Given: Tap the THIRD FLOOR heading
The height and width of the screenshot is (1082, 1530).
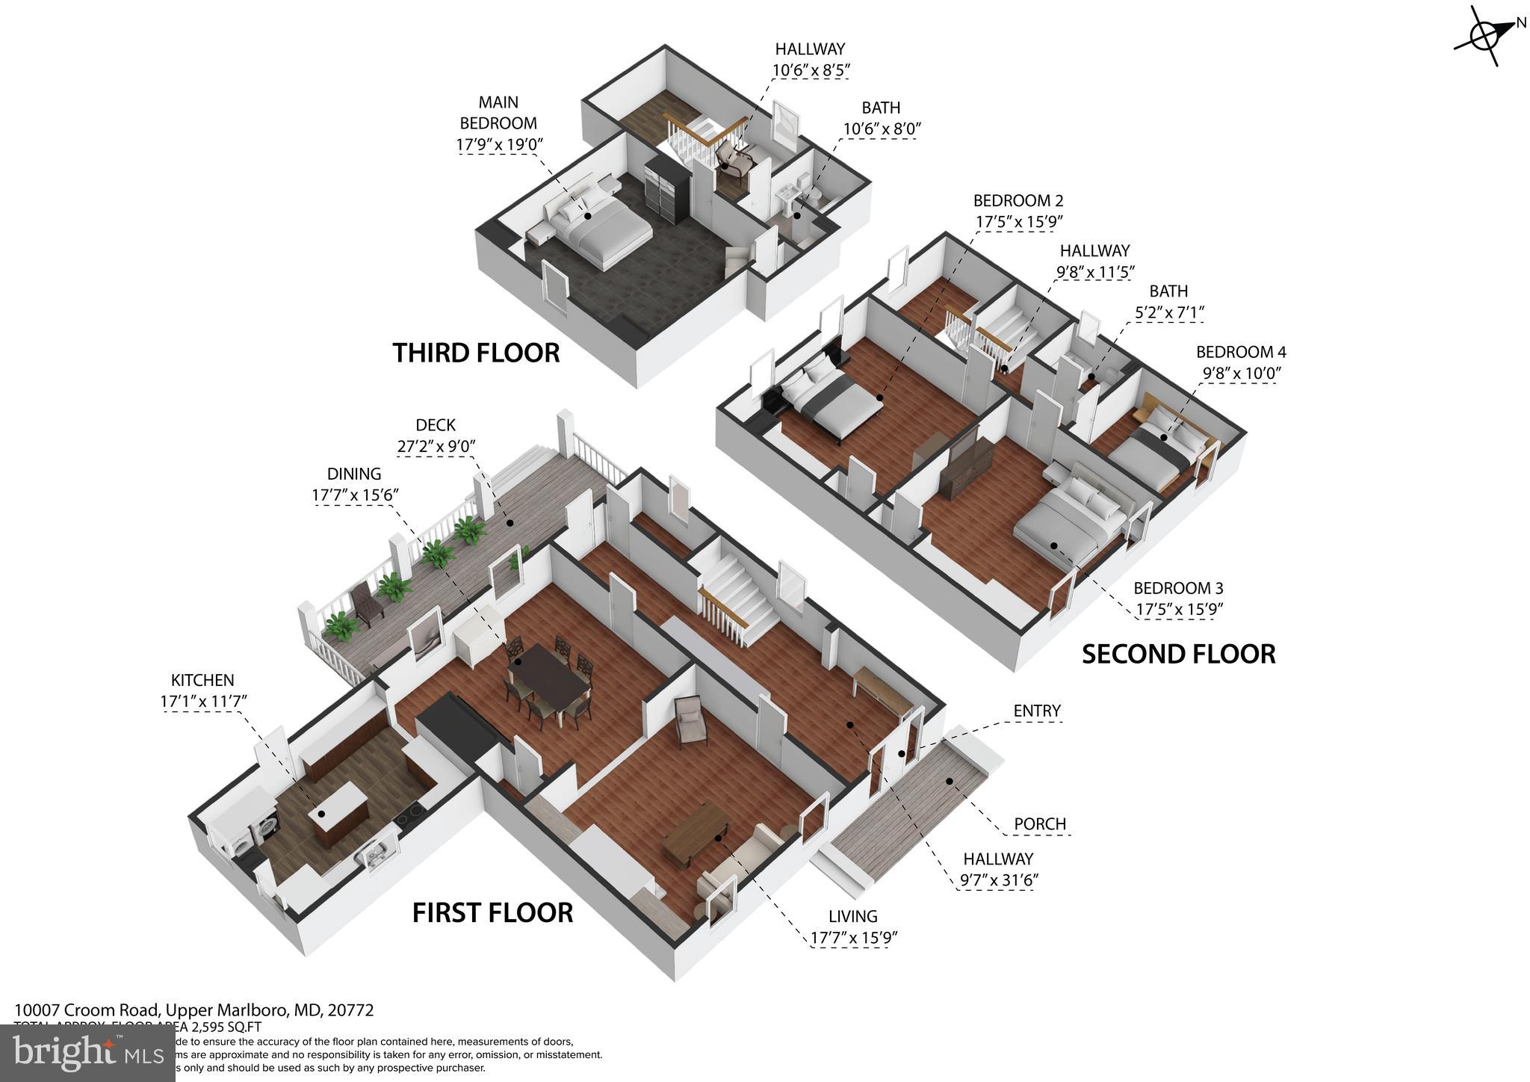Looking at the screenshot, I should coord(476,353).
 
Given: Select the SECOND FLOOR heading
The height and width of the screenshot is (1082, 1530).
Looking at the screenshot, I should coord(1178,654).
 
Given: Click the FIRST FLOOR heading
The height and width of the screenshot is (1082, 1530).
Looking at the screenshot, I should coord(492,912).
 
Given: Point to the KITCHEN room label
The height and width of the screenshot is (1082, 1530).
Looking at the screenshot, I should coord(202,681).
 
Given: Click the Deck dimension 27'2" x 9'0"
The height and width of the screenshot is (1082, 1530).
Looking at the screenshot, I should coord(436,447).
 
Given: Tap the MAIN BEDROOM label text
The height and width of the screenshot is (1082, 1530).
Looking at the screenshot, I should coord(498,113).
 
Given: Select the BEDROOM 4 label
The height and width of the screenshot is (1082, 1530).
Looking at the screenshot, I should coord(1240,352).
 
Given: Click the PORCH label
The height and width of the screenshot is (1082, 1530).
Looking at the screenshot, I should coord(1039,824).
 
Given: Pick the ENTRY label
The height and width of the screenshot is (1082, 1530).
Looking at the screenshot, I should coord(1037,711).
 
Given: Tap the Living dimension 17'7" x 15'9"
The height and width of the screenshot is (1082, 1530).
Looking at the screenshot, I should coord(853,938).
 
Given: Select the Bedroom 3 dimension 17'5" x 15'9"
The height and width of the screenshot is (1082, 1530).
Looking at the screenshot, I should coord(1178,610).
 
